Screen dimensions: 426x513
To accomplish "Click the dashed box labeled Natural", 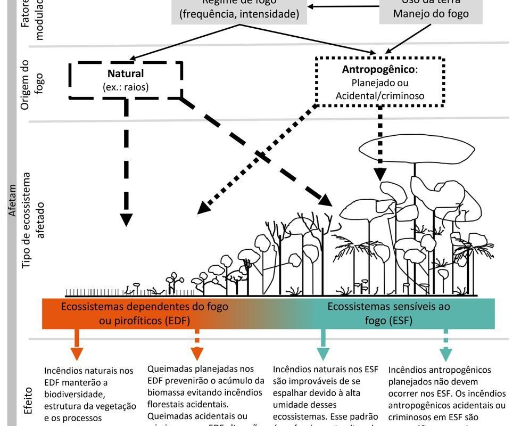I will [126, 80].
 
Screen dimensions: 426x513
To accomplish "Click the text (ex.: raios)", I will [126, 87].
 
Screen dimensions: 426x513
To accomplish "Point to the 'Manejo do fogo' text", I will [431, 13].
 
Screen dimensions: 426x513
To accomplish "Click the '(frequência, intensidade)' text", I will [239, 14].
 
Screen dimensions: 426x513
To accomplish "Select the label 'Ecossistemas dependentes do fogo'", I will [144, 307].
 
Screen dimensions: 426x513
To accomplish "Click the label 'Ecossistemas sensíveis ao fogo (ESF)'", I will [388, 313].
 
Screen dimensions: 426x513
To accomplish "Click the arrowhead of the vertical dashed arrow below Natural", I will [126, 219].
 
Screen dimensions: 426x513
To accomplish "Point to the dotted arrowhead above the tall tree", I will [380, 174].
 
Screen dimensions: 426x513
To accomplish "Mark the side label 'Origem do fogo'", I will [31, 84].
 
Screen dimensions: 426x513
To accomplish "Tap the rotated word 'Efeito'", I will [29, 400].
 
